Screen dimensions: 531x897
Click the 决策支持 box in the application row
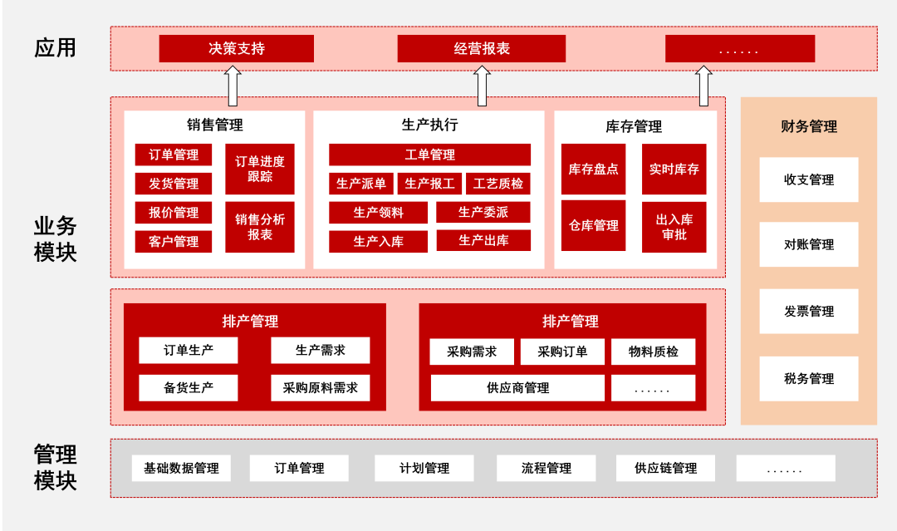(236, 48)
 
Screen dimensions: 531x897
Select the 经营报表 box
(481, 48)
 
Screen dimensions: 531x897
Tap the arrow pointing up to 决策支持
(233, 86)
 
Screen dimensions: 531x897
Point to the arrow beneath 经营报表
(482, 86)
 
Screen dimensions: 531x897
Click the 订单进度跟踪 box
(259, 169)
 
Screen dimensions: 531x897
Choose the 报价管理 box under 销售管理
(174, 213)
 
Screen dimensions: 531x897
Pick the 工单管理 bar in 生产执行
(429, 155)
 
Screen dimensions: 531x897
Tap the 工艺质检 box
(498, 184)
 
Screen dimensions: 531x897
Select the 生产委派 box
(483, 212)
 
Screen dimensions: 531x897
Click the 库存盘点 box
(593, 169)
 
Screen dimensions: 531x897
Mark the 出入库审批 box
(674, 227)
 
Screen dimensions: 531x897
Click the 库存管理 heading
(634, 126)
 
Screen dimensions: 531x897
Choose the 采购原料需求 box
(320, 387)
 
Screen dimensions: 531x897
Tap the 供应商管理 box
(517, 388)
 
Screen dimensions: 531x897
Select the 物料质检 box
(653, 352)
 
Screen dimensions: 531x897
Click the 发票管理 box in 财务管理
(808, 311)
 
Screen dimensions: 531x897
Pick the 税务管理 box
(808, 378)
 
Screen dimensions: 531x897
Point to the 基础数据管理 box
(181, 468)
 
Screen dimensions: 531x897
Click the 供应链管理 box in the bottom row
(665, 468)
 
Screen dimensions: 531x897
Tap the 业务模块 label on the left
(55, 238)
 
